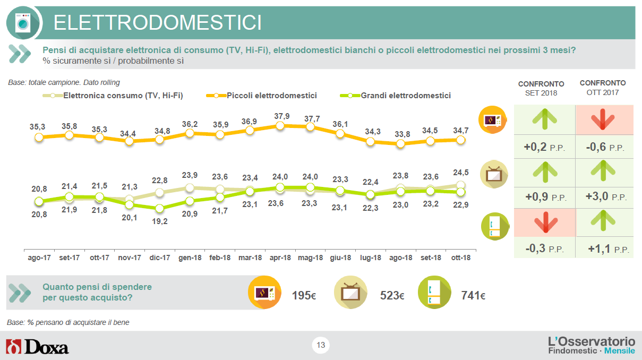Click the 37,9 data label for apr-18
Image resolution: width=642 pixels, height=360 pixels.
tap(282, 116)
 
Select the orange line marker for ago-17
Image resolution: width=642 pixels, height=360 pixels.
tap(39, 138)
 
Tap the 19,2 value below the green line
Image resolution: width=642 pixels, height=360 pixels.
tap(160, 221)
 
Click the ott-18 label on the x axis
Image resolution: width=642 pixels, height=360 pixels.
tap(461, 258)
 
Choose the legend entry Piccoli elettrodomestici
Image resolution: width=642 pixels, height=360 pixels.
tap(261, 96)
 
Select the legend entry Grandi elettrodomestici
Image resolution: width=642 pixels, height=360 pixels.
tap(395, 96)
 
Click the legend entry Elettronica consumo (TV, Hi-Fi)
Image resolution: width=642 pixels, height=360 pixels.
tap(113, 96)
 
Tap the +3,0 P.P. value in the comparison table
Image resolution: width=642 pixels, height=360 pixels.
tap(606, 196)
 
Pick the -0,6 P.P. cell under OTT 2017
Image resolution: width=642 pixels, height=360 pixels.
tap(605, 147)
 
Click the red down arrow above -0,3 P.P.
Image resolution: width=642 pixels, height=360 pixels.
tap(546, 222)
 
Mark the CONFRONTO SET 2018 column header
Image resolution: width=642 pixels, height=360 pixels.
tap(541, 88)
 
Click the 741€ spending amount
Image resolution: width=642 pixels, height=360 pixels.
tap(473, 295)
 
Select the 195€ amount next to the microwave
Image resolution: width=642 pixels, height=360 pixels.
tap(304, 295)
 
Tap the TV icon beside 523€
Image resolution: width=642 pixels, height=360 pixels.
tap(350, 293)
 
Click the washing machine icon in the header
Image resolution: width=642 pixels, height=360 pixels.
tap(23, 23)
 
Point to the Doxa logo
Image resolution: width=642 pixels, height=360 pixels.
tap(37, 346)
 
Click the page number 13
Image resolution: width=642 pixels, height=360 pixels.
tap(321, 345)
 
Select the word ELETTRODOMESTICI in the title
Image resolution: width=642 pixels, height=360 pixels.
tap(158, 23)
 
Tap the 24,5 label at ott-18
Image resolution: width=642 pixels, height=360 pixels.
tap(461, 172)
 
